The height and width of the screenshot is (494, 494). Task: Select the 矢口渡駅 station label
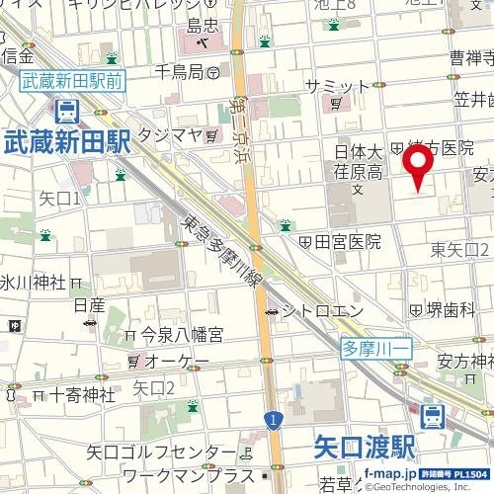(364, 447)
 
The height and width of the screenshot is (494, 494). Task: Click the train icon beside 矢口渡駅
(431, 417)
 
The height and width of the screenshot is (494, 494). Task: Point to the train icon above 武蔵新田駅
(67, 111)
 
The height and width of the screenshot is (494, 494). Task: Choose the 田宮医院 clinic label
(347, 241)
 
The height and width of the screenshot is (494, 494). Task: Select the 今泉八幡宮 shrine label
(181, 336)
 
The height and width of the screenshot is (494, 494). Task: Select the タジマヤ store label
(170, 133)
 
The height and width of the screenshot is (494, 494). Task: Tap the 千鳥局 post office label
(178, 71)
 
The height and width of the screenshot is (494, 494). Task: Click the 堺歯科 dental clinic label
(451, 309)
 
